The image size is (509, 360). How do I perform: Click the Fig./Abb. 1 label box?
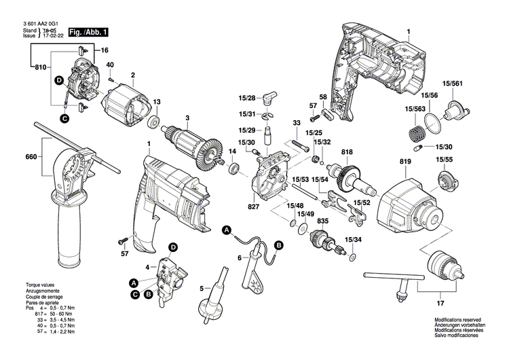[x=88, y=32]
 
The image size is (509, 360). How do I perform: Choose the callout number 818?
[x=347, y=152]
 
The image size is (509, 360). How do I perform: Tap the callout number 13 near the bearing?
[x=156, y=102]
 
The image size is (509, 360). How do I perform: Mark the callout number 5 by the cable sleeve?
[x=201, y=289]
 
